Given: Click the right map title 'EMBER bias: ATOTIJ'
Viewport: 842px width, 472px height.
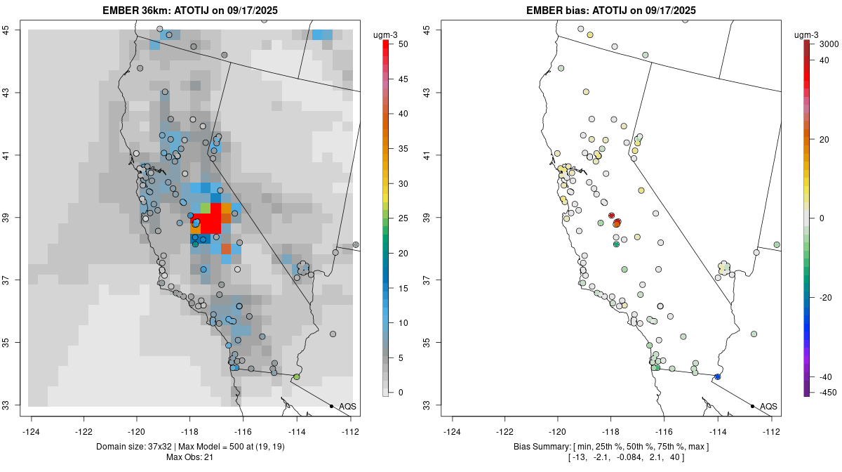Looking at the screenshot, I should point(610,10).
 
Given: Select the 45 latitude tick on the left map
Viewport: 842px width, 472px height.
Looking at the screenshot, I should point(11,29).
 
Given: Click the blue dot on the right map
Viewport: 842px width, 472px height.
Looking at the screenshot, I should point(717,377).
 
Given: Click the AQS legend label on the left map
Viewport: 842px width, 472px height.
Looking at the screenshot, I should point(348,407).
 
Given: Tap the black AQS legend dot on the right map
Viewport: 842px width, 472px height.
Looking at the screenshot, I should point(752,406).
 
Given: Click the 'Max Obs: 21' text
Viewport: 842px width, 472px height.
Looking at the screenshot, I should point(190,458).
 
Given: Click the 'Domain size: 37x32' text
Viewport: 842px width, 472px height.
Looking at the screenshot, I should point(132,447).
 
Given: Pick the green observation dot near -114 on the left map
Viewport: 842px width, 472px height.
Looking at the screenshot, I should point(297,377).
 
